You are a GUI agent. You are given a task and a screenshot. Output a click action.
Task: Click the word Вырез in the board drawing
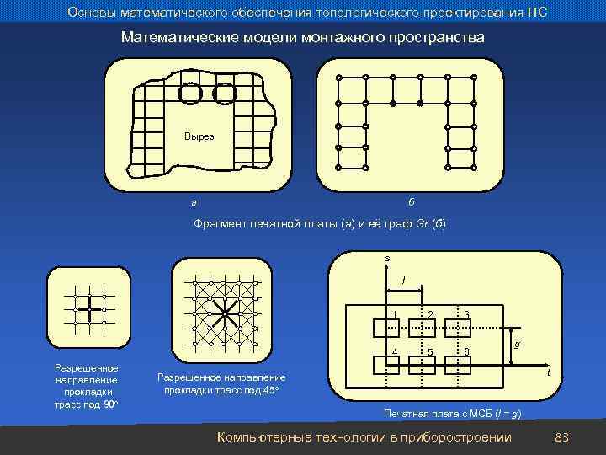[x=199, y=136]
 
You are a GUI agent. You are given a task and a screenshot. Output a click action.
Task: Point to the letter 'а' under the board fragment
[x=194, y=202]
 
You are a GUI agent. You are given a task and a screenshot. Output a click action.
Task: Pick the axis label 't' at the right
[x=548, y=372]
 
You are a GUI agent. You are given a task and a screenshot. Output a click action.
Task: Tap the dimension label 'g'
[x=517, y=344]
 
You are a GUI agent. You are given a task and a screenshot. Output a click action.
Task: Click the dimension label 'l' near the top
[x=404, y=279]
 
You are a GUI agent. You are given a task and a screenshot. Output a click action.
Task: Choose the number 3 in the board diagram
[x=466, y=315]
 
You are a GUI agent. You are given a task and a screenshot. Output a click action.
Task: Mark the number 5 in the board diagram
[x=430, y=351]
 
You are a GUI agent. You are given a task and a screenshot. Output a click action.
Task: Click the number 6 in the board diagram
[x=466, y=351]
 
